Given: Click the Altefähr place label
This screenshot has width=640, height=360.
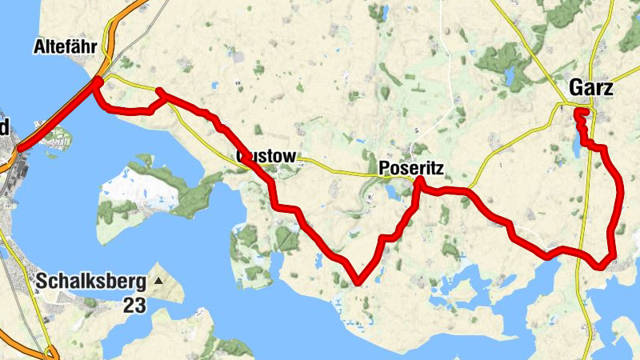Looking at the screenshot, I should (66, 47).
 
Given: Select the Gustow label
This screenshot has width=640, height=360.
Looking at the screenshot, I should (266, 155).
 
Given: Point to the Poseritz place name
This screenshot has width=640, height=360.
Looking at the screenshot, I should (410, 168).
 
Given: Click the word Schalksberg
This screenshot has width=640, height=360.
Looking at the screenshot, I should (90, 282).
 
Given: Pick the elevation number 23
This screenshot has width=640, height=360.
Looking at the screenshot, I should (134, 305).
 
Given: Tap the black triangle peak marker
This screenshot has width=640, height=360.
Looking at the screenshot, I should (158, 281).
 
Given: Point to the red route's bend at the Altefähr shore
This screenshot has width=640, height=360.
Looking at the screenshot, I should (96, 82).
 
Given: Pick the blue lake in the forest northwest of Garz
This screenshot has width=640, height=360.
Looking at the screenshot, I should (509, 77).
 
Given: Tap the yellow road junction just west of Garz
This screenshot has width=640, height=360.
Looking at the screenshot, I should (559, 105).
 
